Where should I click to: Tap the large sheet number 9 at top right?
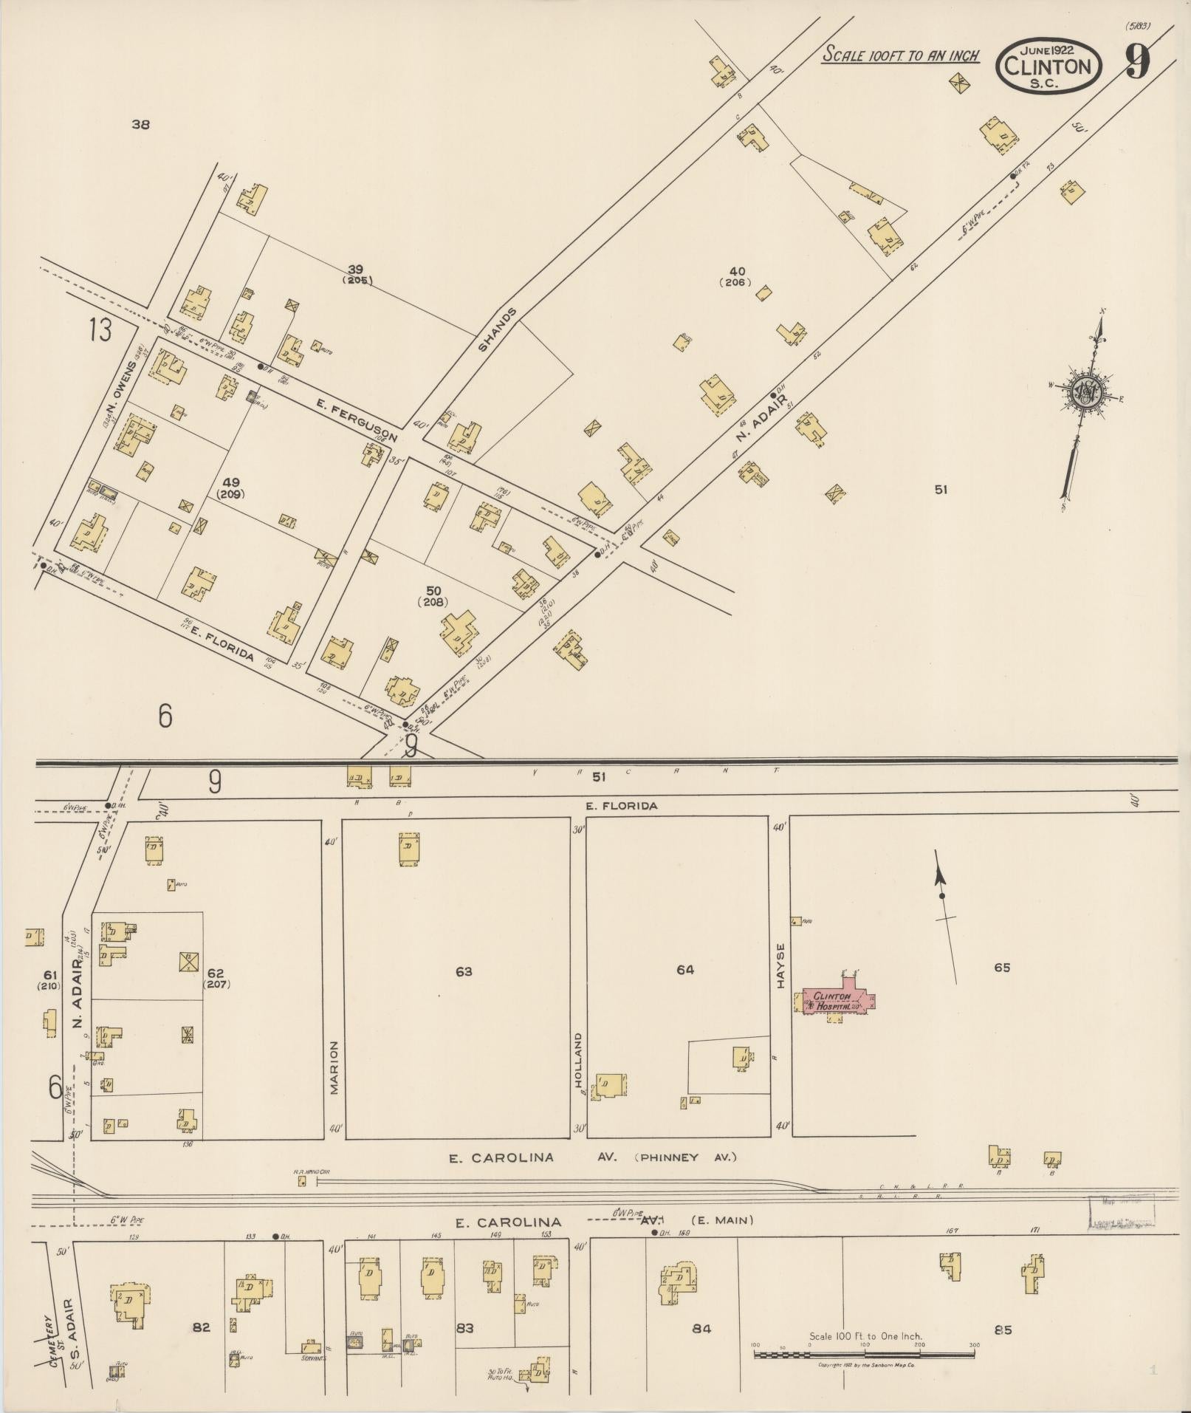[1138, 62]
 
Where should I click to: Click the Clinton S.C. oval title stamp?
[1048, 66]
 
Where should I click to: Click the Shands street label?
[495, 329]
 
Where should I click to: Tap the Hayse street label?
[780, 963]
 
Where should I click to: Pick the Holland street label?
[578, 1060]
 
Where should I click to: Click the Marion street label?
[333, 1067]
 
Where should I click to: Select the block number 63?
[464, 971]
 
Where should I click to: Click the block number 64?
[685, 969]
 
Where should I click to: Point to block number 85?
[1003, 1330]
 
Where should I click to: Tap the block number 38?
[140, 124]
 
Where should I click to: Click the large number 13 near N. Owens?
[100, 329]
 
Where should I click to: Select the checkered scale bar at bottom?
[864, 1355]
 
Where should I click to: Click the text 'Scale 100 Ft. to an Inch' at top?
[901, 55]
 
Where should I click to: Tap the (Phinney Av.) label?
[685, 1157]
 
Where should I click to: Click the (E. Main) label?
[722, 1220]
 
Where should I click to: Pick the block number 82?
[201, 1327]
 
